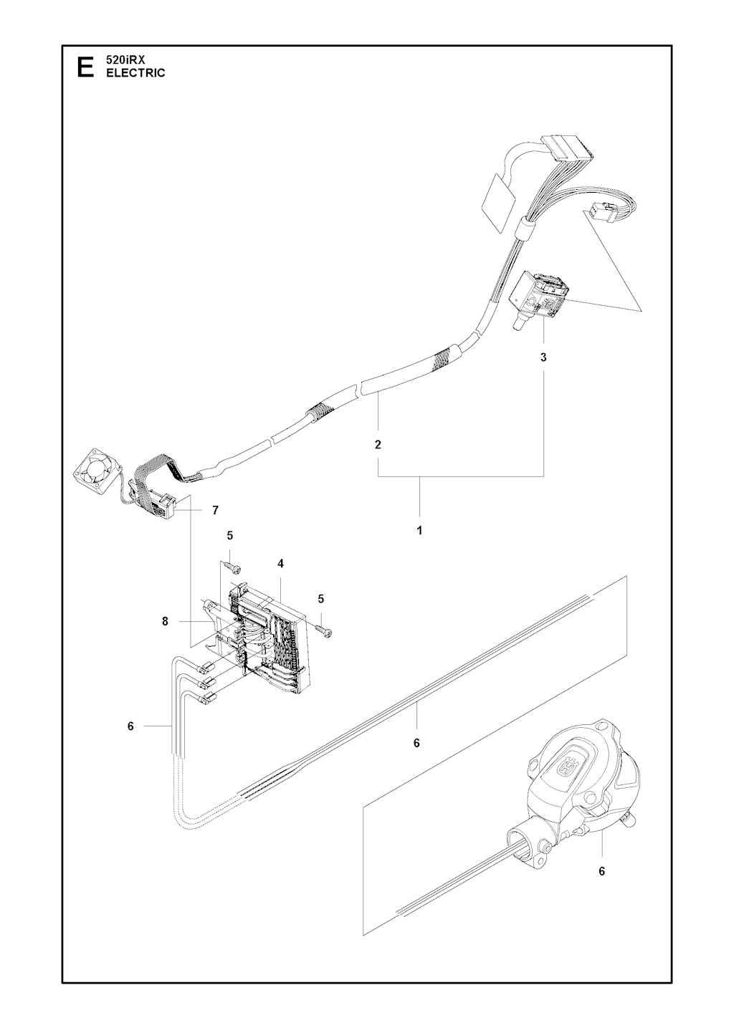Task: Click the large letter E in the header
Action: coord(85,67)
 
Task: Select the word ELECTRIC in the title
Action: coord(135,73)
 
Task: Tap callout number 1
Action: coord(419,531)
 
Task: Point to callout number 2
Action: coord(378,444)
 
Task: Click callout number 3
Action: coord(543,357)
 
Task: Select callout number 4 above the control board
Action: coord(280,564)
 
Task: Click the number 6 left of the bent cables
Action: coord(130,739)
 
